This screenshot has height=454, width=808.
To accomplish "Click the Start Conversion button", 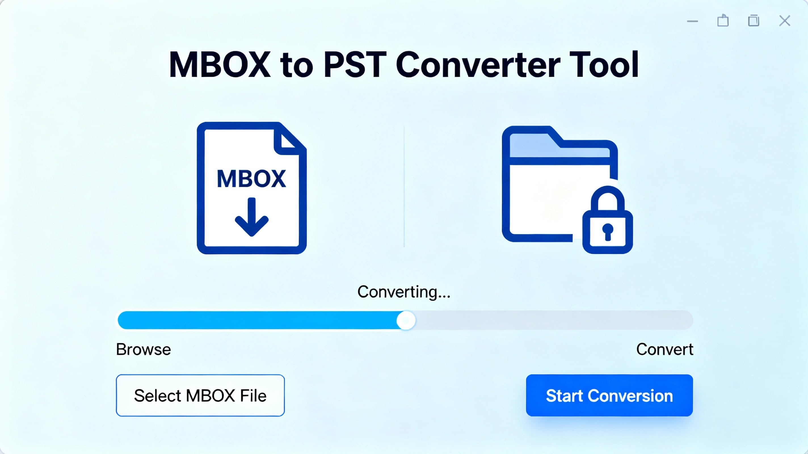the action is [609, 395].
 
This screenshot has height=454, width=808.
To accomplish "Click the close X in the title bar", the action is [784, 21].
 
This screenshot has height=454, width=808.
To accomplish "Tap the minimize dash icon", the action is [692, 21].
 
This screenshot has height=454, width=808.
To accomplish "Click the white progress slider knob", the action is [406, 320].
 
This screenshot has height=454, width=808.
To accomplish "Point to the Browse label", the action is [143, 349].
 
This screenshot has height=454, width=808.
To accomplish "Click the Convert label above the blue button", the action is [665, 349].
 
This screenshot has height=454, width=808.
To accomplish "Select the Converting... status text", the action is [404, 292].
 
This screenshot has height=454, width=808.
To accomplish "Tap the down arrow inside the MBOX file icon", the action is [252, 217].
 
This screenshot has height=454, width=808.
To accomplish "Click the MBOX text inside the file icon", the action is [251, 179].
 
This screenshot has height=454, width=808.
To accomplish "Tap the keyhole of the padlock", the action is [608, 232].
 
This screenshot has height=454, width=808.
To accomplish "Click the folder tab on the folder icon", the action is [533, 141].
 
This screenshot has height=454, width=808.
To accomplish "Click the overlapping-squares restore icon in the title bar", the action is [754, 21].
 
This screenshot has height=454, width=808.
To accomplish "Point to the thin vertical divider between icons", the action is [404, 186].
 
